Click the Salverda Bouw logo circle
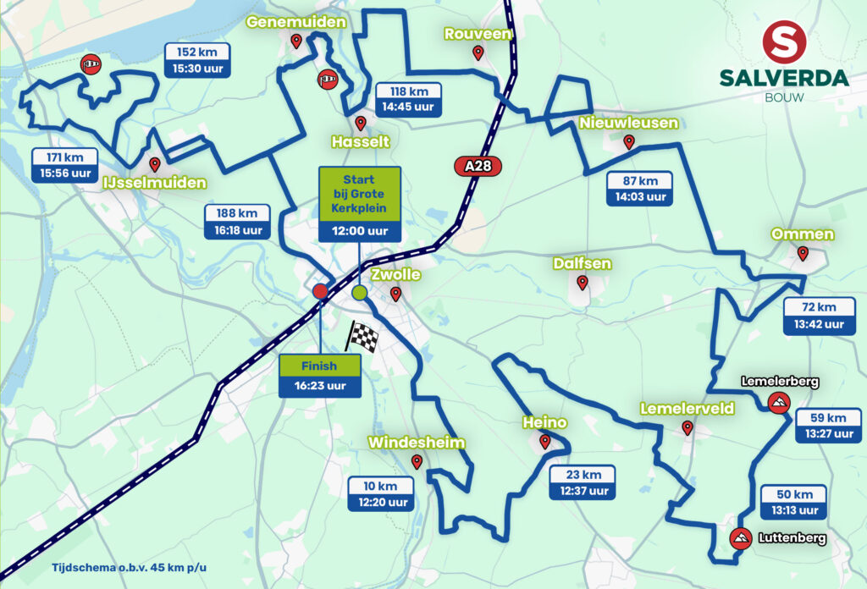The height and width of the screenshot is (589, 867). click(784, 42)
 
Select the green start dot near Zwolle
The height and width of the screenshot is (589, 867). click(359, 293)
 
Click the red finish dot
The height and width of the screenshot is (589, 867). click(320, 291)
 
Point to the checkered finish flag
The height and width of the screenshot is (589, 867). click(362, 336)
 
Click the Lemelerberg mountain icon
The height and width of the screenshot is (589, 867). click(776, 402)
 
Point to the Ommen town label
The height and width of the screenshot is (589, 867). click(802, 234)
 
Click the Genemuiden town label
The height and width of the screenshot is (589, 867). click(295, 22)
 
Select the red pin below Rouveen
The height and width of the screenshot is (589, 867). click(478, 53)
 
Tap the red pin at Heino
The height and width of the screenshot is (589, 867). click(544, 441)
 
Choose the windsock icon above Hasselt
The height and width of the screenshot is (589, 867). click(327, 80)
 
